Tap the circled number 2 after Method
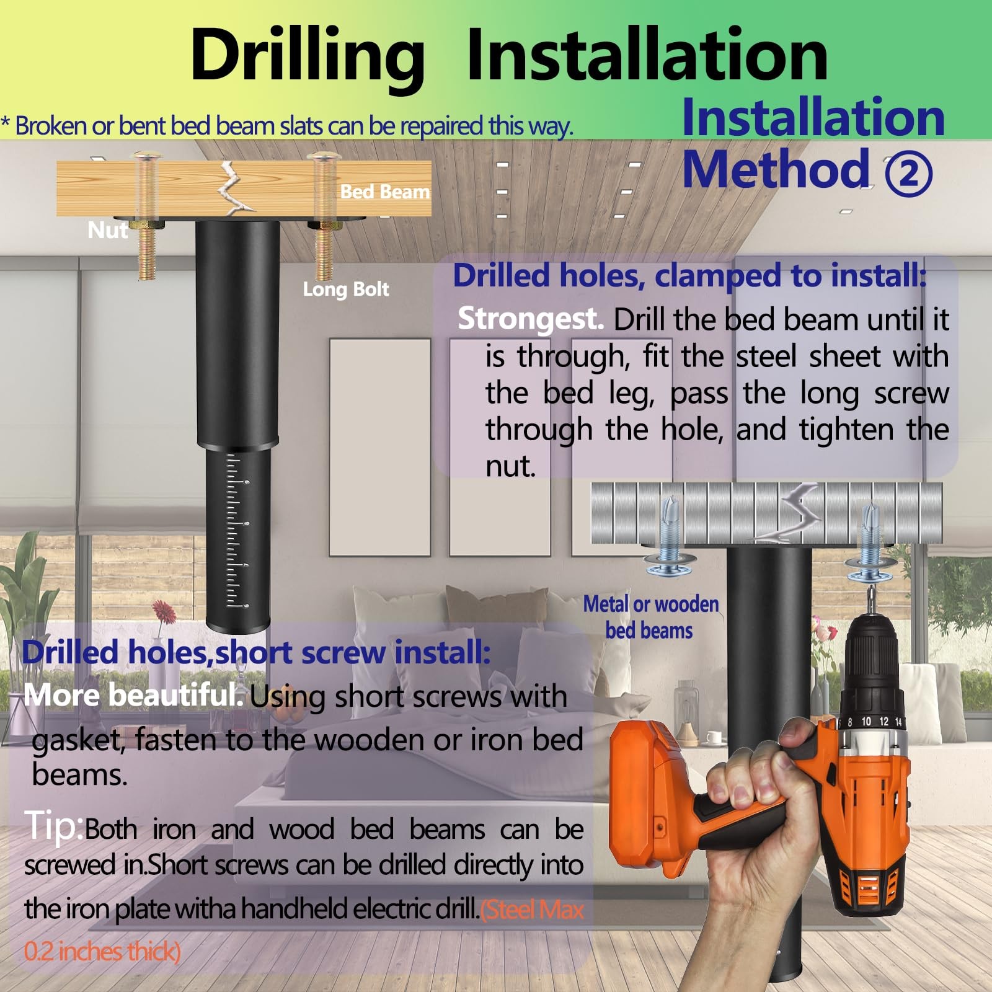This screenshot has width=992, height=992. click(x=908, y=174)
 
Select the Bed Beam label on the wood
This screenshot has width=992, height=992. click(x=384, y=192)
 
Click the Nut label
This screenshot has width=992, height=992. click(x=108, y=230)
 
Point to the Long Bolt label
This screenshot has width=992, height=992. click(x=345, y=289)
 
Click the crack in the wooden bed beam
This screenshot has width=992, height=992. click(x=234, y=188)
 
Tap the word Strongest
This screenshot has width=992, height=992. click(x=531, y=319)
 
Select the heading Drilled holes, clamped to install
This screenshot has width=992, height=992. click(x=689, y=275)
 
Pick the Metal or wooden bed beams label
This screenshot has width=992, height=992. click(x=650, y=617)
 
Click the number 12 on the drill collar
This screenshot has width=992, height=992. click(x=883, y=721)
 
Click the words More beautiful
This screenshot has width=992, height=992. click(x=133, y=694)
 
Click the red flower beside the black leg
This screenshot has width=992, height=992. click(x=164, y=611)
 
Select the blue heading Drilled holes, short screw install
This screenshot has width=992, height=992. click(x=256, y=652)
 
